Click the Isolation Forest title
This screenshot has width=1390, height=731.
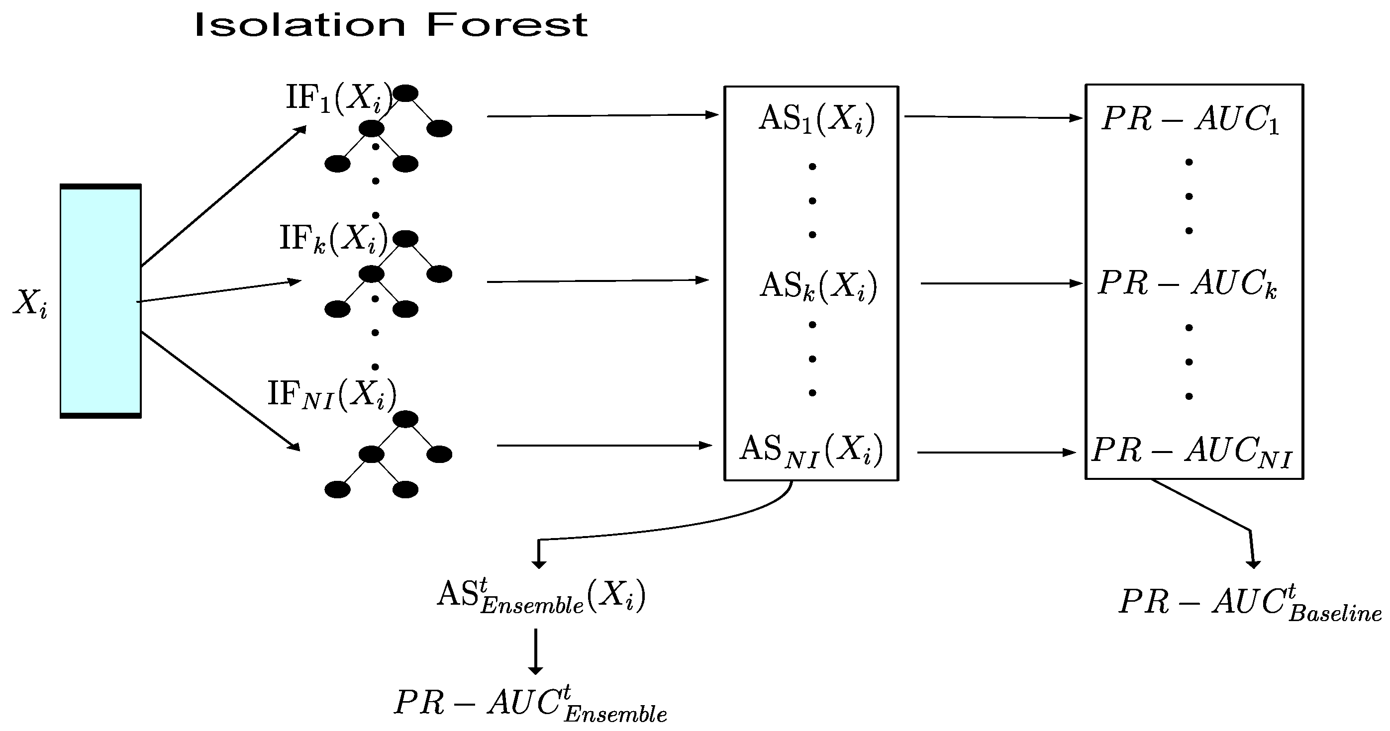tap(391, 25)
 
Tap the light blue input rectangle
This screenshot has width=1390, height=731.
tap(100, 301)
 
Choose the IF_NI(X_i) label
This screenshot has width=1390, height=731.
tap(331, 394)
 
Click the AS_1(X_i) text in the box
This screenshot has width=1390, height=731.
tap(816, 119)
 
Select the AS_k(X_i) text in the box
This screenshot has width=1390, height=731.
tap(818, 286)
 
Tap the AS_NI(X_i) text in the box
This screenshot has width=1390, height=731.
tap(811, 450)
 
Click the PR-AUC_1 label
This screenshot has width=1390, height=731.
tap(1191, 119)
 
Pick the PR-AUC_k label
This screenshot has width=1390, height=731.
tap(1187, 284)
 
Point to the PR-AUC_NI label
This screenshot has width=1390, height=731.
tap(1191, 451)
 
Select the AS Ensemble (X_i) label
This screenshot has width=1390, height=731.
tap(541, 596)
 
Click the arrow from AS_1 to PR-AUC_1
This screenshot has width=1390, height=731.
tap(993, 117)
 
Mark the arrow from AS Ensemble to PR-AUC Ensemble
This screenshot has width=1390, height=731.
tap(535, 650)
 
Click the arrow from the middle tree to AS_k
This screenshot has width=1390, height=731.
tap(598, 281)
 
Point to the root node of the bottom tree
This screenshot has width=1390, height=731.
tap(406, 419)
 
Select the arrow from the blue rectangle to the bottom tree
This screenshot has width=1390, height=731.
tap(220, 389)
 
